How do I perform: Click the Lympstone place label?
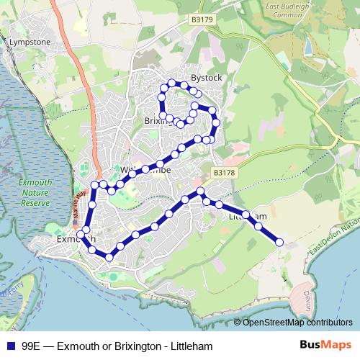[x=29, y=42]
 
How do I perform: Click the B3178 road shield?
[x=224, y=173]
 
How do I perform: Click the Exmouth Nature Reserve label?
[x=36, y=193]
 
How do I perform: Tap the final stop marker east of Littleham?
[x=279, y=243]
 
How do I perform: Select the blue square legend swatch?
[x=11, y=346]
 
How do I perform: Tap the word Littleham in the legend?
[x=189, y=346]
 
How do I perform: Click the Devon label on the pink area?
[x=307, y=295]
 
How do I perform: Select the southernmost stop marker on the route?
[x=109, y=256]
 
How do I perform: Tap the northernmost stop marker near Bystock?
[x=171, y=81]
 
